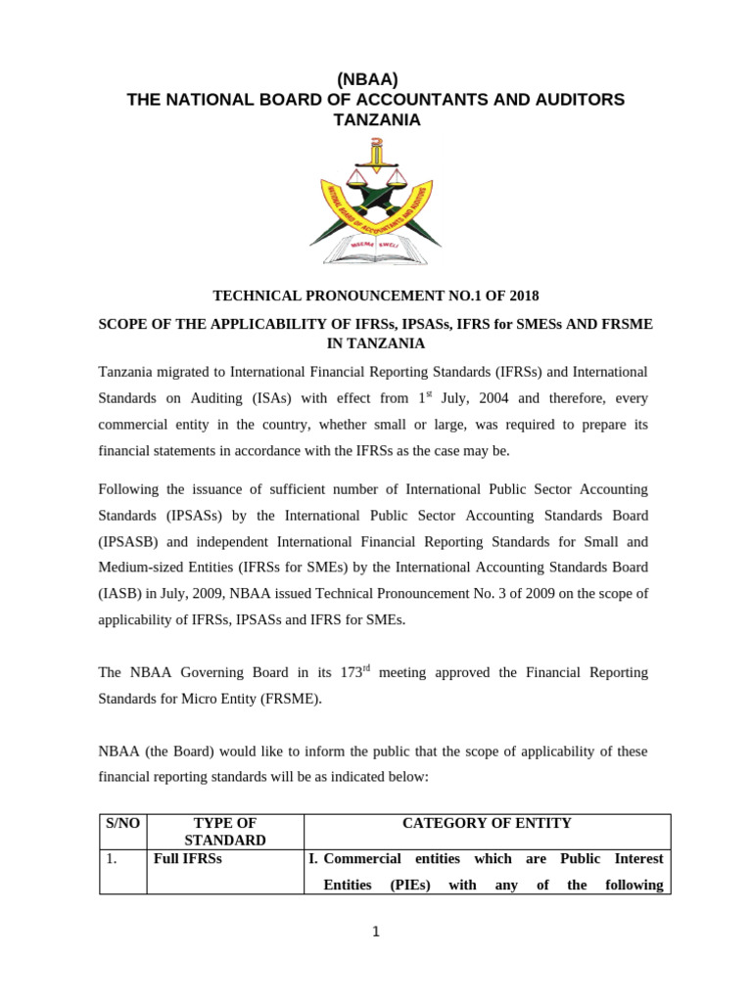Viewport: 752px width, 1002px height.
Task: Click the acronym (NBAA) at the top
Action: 375,79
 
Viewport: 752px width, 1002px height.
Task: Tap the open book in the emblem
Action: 376,251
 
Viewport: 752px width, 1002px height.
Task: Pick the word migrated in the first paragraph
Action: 192,373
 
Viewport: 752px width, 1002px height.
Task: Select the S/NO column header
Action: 123,824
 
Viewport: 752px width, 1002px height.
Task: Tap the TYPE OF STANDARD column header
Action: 225,832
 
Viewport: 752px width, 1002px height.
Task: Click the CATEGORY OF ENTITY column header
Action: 487,824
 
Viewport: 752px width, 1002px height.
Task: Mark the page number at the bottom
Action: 375,932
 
